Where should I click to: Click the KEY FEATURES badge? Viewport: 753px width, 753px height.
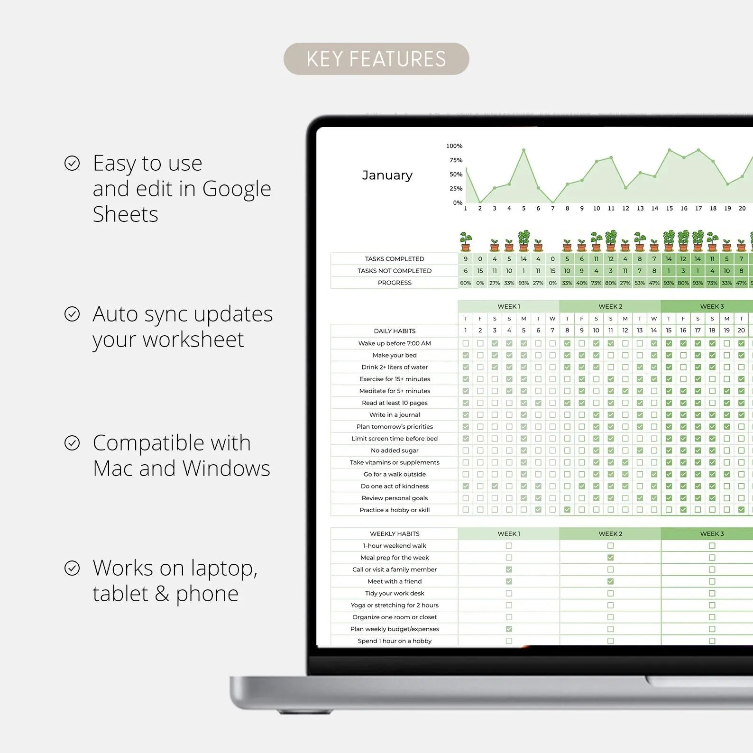376,59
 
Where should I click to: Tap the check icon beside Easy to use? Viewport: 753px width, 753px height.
72,163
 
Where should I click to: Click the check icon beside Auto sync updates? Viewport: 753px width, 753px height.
72,314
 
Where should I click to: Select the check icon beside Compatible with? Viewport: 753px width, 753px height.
72,443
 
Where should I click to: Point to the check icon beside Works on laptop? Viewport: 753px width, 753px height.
72,568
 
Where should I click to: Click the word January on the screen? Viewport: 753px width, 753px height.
387,175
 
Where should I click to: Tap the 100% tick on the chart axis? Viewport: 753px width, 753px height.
454,146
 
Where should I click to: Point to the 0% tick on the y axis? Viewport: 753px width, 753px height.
458,202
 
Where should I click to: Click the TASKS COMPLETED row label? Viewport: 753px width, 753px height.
395,259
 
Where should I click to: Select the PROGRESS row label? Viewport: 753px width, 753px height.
395,283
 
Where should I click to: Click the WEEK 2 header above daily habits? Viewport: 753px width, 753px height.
610,306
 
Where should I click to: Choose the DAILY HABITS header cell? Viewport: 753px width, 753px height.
395,331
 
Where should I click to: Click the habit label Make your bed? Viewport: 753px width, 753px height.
395,355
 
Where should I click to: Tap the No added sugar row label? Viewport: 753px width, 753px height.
395,450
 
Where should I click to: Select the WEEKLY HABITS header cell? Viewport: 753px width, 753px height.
395,534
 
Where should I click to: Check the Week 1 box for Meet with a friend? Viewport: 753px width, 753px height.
509,581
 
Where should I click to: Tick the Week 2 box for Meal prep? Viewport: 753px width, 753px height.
610,558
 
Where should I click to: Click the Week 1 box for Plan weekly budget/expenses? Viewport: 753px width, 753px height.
509,629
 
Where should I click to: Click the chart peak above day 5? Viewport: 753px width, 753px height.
523,150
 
